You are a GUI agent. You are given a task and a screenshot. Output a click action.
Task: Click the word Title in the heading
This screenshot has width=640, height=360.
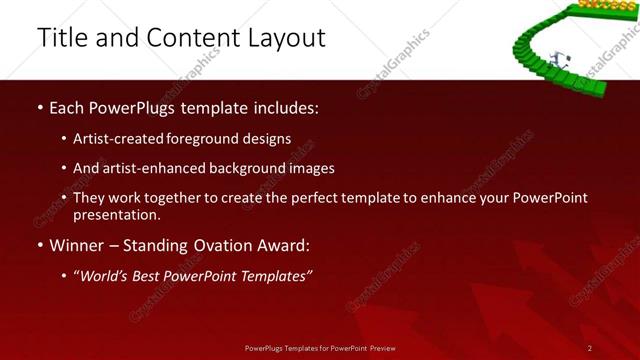(61, 38)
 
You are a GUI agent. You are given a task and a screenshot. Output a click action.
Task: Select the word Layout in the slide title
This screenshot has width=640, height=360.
(285, 38)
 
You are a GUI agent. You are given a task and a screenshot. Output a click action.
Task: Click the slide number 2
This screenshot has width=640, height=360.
(590, 347)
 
